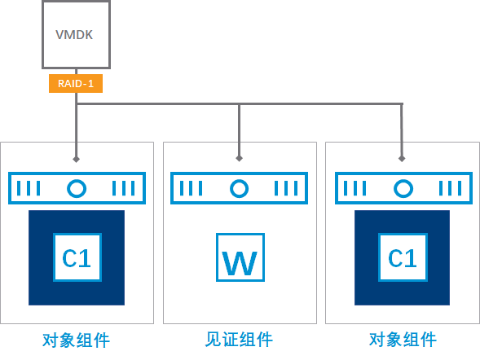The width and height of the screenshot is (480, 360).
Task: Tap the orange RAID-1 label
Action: (x=76, y=83)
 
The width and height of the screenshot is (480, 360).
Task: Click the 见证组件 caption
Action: (x=239, y=339)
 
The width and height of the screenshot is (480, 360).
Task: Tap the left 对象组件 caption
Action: (x=76, y=340)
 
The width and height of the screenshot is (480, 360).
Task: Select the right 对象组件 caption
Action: (x=403, y=339)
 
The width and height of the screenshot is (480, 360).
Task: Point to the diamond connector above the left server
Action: (x=77, y=159)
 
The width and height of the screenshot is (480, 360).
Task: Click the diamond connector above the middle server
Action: (x=239, y=158)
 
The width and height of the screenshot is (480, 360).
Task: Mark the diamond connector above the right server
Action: (x=402, y=159)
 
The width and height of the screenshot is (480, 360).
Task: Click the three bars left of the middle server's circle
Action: (x=191, y=188)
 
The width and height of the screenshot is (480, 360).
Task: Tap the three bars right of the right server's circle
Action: (x=451, y=188)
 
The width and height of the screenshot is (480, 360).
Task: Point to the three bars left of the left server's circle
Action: (x=29, y=188)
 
